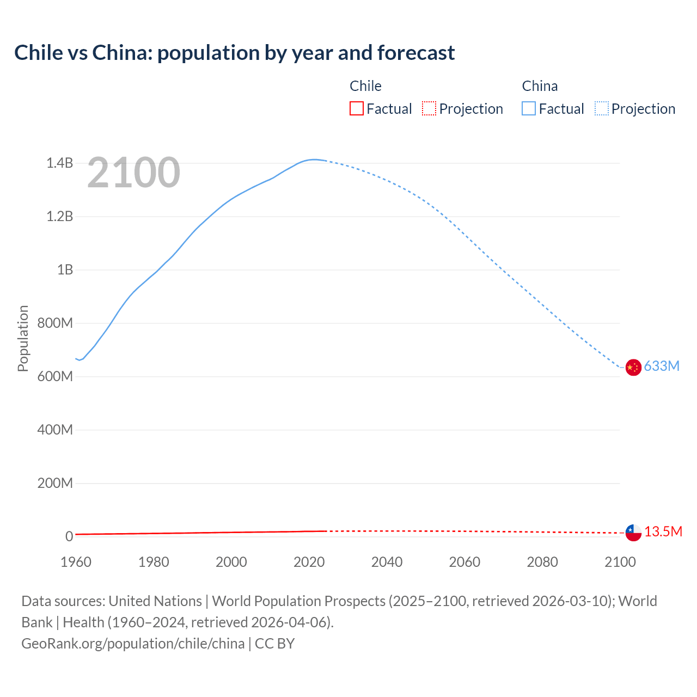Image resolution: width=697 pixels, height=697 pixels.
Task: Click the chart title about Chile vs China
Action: (234, 53)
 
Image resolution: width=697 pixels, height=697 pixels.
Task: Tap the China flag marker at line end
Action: (633, 368)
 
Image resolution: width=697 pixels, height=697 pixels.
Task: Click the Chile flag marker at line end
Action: (633, 533)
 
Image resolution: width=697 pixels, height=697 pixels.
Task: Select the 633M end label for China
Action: (662, 366)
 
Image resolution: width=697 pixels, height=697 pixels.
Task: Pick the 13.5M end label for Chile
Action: (663, 532)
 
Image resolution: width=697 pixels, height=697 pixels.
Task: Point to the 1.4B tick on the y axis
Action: (59, 163)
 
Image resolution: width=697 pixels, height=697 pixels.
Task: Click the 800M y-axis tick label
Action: (55, 323)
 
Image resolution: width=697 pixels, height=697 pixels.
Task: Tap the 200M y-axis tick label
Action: (55, 484)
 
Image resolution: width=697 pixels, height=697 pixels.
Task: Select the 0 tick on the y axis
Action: (69, 537)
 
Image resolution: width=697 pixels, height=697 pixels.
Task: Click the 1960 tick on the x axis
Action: (76, 562)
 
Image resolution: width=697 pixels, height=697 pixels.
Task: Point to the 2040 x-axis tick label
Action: (387, 562)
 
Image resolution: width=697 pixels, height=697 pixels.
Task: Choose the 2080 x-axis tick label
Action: (542, 562)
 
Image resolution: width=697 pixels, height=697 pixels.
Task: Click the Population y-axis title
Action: (23, 338)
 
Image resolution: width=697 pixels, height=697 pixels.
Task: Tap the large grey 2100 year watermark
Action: (133, 173)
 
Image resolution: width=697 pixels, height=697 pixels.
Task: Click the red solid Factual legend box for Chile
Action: (356, 109)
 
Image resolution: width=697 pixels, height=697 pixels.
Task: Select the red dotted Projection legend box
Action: (429, 109)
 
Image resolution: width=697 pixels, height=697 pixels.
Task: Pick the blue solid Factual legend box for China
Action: (528, 109)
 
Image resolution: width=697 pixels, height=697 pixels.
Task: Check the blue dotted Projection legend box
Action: (601, 109)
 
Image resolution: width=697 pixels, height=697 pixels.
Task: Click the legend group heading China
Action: (540, 86)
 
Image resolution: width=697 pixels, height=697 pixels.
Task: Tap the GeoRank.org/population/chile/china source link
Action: (133, 644)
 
